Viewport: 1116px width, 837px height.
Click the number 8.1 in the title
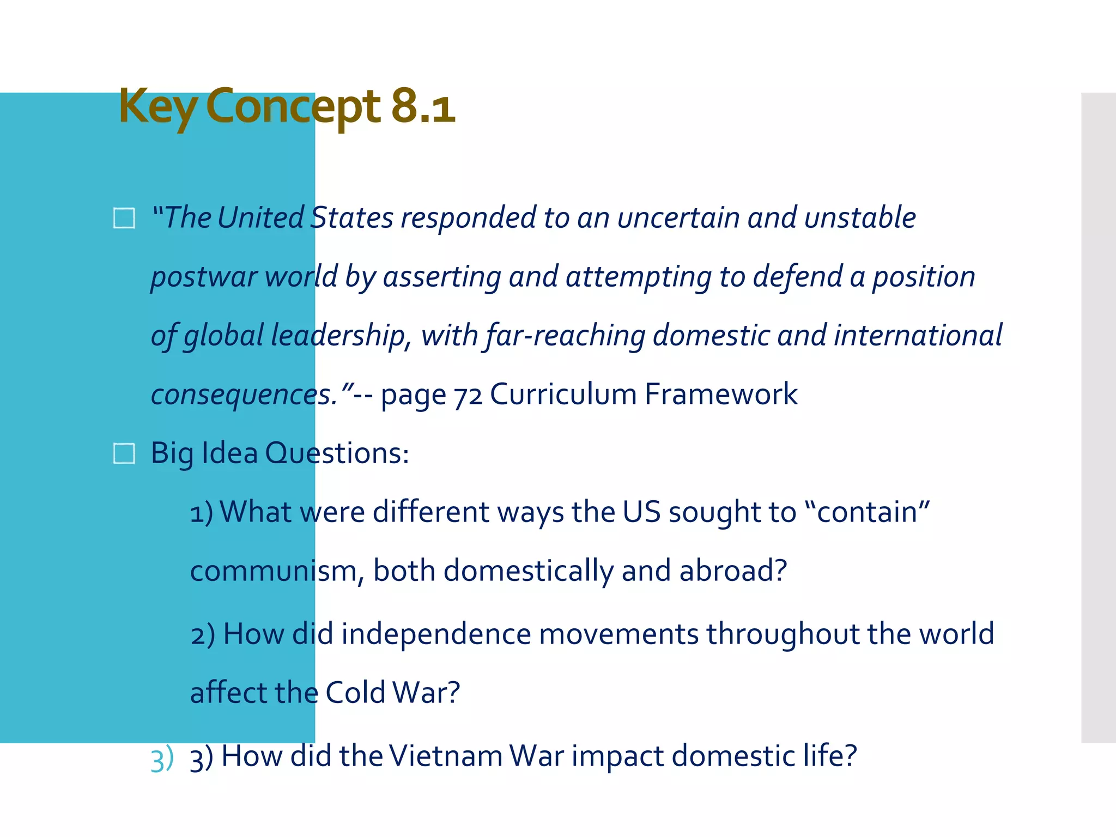tap(423, 106)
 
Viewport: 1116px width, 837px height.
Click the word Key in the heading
tap(158, 107)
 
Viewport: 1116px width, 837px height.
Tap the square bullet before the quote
tap(124, 218)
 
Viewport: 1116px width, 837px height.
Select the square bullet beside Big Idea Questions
tap(124, 453)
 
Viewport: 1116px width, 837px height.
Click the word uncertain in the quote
tap(678, 218)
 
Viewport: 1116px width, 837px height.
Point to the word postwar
tap(204, 277)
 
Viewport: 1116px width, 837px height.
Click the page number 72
tap(468, 395)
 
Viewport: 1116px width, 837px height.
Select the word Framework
tap(720, 394)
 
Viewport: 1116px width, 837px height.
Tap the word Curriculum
tap(563, 394)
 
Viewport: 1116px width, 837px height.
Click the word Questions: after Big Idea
tap(337, 453)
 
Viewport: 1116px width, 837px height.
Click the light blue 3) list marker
tap(162, 759)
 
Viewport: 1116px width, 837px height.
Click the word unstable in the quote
tap(860, 218)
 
